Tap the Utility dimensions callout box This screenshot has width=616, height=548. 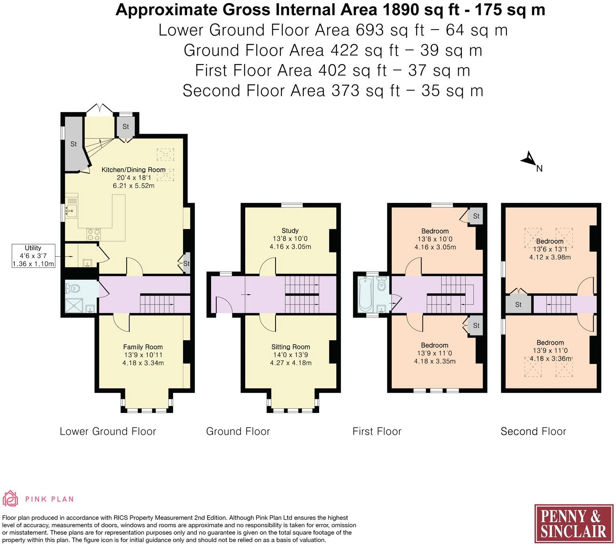[x=33, y=256]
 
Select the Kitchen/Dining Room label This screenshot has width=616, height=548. [x=133, y=170]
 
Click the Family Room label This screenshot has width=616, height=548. [x=143, y=347]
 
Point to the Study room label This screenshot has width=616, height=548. [x=290, y=231]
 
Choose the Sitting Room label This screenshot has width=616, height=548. [x=290, y=347]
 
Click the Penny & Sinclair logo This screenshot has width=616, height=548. [x=574, y=524]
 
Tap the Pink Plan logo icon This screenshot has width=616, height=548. [x=10, y=499]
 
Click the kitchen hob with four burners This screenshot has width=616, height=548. [x=93, y=233]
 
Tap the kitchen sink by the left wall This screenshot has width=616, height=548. [x=71, y=211]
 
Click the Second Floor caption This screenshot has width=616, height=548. [x=533, y=432]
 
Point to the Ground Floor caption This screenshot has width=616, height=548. [x=238, y=432]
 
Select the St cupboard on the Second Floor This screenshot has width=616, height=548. [x=518, y=305]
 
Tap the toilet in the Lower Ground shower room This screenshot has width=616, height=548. [x=72, y=288]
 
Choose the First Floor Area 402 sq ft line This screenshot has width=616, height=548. [x=332, y=71]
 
